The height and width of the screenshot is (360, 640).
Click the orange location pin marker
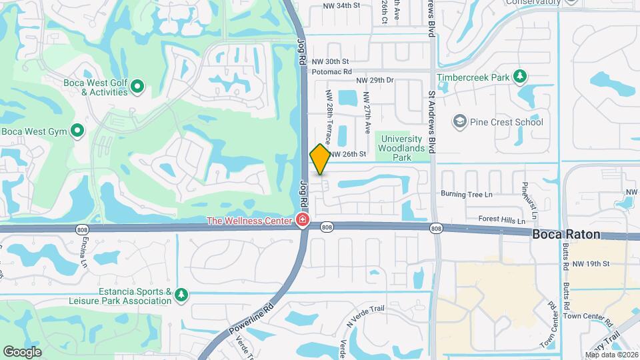click(x=320, y=159)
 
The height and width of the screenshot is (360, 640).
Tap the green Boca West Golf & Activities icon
click(x=137, y=86)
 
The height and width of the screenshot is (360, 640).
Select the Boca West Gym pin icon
click(x=77, y=131)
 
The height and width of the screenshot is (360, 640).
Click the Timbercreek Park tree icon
click(x=519, y=77)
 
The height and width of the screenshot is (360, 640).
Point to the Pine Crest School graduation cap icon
click(x=459, y=122)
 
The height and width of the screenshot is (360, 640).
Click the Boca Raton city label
click(x=566, y=235)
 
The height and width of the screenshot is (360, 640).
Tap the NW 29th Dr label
click(x=375, y=80)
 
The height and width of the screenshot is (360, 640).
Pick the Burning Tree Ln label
click(x=466, y=194)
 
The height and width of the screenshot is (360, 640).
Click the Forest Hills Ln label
click(x=502, y=219)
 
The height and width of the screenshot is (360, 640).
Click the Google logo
click(x=22, y=351)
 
